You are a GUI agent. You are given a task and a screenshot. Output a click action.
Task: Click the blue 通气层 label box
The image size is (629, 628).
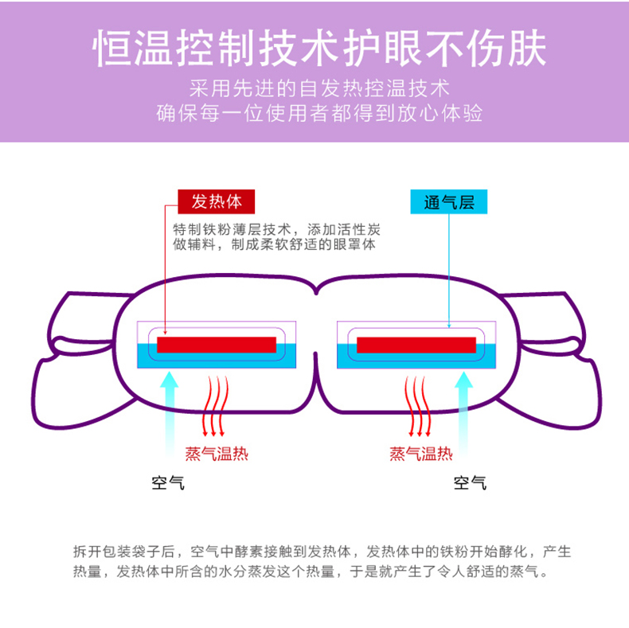click(448, 201)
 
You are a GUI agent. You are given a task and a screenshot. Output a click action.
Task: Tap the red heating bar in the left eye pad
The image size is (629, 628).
click(217, 345)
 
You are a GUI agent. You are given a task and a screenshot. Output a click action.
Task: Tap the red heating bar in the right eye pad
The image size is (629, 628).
click(416, 345)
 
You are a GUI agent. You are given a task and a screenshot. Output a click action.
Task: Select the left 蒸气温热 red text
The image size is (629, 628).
click(217, 454)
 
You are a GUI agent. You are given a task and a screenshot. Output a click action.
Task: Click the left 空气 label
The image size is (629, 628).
click(168, 482)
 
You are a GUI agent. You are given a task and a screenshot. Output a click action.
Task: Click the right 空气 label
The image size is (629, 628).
click(470, 482)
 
